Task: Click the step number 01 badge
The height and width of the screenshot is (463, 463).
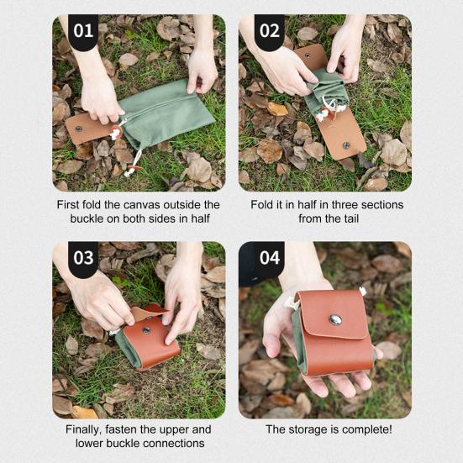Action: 83,31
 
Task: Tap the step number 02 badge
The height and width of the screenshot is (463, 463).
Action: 269,31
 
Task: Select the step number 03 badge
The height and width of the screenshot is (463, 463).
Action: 83,258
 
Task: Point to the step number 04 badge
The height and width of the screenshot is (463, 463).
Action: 269,258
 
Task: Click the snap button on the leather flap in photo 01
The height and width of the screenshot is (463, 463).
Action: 78,129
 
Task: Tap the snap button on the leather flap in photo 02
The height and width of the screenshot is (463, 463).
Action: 345,145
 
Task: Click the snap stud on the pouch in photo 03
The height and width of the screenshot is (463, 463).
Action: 146,330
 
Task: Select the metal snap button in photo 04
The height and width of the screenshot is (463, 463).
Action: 335,320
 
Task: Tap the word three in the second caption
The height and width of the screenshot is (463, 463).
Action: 345,205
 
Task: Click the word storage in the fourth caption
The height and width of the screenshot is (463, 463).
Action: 307,430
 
